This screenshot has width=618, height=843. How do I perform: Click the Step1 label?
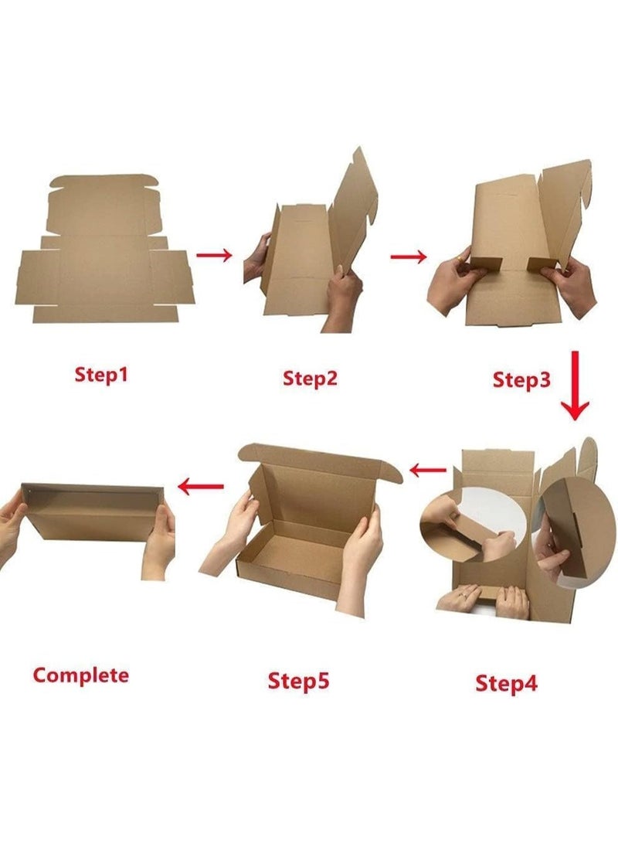point(101,374)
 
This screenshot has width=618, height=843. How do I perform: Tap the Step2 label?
point(310,378)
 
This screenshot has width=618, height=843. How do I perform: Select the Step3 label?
point(521,379)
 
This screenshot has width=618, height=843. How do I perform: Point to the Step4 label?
point(506,683)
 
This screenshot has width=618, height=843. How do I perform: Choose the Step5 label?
point(298,681)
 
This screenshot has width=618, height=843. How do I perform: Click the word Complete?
point(80,675)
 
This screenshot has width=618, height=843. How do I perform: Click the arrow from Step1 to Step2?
point(214,255)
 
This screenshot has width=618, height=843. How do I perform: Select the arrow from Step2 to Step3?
point(409,257)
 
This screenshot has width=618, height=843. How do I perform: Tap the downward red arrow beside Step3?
point(576,386)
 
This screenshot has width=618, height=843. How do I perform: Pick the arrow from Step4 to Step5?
point(428,471)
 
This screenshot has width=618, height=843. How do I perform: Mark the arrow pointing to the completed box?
point(200,487)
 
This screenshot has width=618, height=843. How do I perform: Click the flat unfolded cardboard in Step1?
point(105,249)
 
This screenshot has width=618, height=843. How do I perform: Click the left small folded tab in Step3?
point(485,264)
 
